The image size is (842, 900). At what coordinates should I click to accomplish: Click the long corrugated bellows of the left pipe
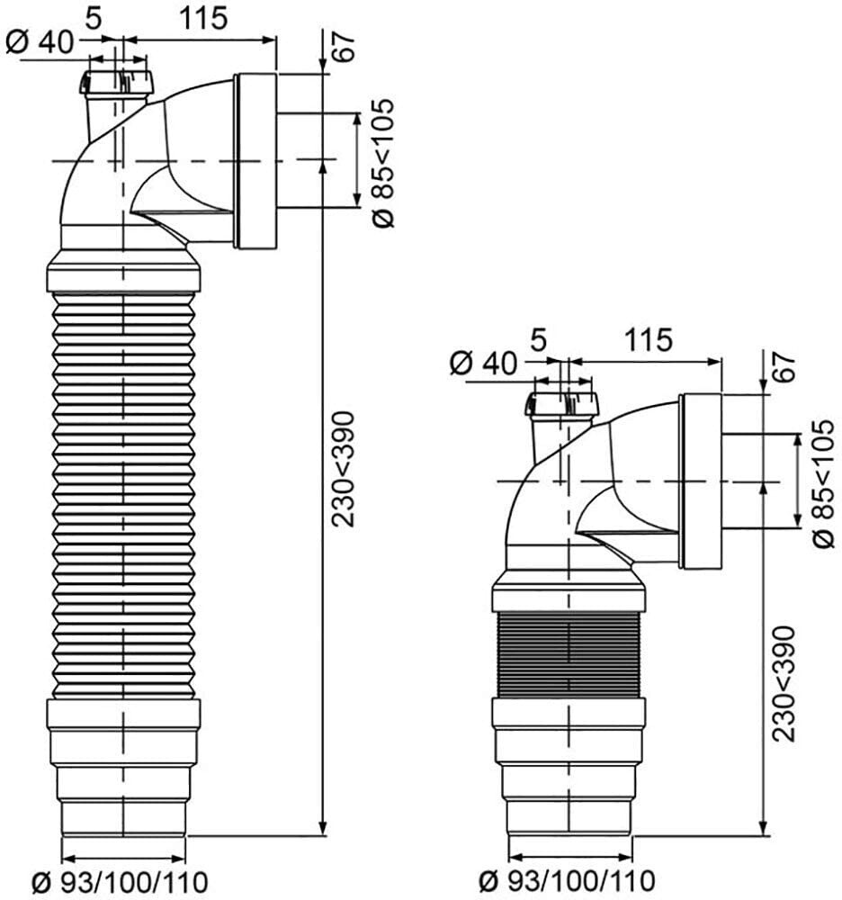pyautogui.click(x=123, y=495)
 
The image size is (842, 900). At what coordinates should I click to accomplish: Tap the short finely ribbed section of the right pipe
pyautogui.click(x=568, y=654)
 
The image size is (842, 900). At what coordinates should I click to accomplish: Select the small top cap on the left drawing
pyautogui.click(x=117, y=83)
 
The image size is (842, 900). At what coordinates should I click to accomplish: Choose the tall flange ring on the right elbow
pyautogui.click(x=701, y=481)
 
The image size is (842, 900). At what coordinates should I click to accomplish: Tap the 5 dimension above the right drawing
pyautogui.click(x=538, y=340)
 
